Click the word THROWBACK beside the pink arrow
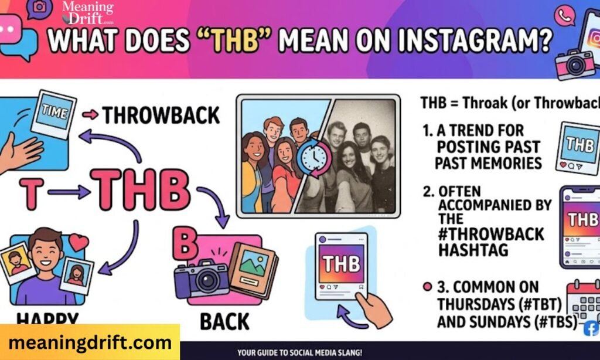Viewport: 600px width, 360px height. (161, 116)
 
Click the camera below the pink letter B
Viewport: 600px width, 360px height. (202, 277)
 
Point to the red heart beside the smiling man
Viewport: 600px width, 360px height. (79, 242)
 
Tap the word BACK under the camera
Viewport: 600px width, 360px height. (224, 321)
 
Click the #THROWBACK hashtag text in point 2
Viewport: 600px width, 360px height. (491, 235)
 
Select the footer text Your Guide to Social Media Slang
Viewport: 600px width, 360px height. (299, 353)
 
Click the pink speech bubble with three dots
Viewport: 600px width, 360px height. (10, 29)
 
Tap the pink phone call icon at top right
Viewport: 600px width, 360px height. (565, 16)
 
